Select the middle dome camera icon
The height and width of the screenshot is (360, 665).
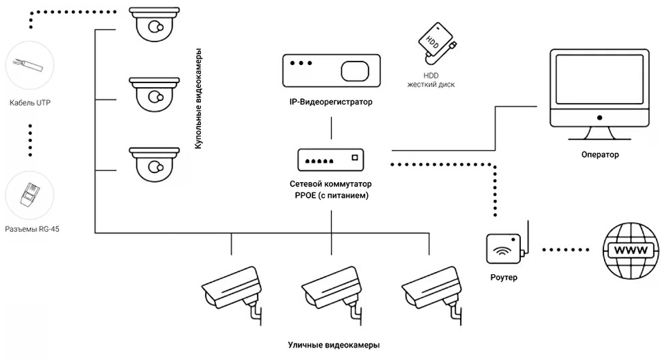[152, 94]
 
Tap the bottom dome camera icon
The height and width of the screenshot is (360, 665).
[152, 162]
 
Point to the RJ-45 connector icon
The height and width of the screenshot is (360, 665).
[29, 195]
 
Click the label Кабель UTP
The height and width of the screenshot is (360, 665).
[30, 102]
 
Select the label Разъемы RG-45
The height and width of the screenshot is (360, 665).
[32, 229]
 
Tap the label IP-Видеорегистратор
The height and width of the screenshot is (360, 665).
[331, 102]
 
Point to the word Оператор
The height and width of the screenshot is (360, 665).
[600, 154]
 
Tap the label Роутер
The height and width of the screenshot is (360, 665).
[503, 278]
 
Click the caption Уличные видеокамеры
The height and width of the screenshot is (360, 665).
[333, 345]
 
